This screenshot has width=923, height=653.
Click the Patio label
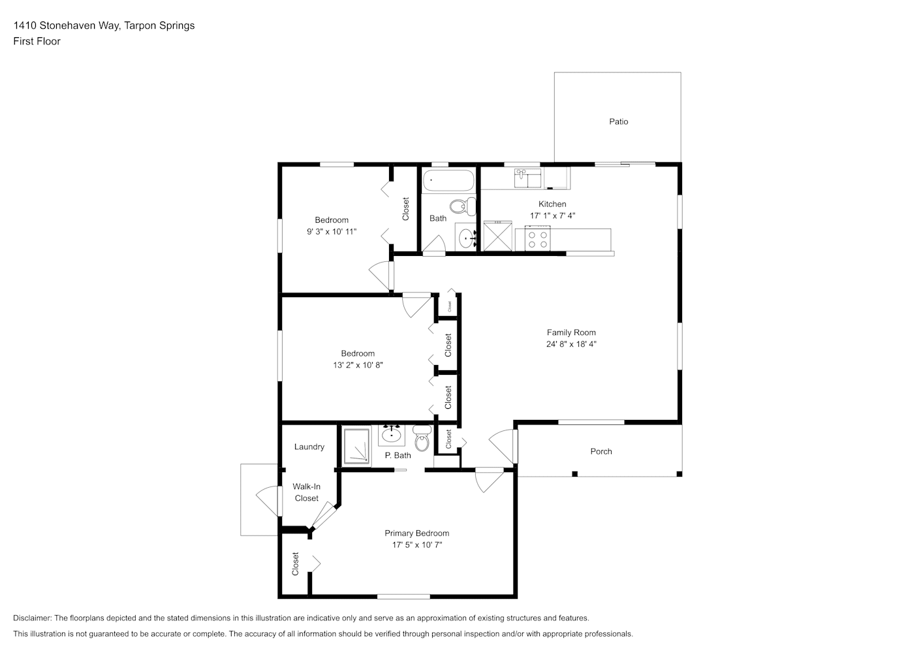619,121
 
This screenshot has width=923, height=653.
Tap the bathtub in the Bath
448,180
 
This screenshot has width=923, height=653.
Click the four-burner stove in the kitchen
537,239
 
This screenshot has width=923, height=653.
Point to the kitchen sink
527,178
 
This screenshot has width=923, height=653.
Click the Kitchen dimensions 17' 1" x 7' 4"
552,215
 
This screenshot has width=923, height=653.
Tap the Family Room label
571,332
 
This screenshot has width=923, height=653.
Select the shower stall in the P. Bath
357,445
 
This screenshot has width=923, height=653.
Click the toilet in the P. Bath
422,439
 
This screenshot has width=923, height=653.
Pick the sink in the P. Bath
392,435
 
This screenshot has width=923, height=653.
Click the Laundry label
309,447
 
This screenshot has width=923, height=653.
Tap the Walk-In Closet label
306,492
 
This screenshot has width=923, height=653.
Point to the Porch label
601,451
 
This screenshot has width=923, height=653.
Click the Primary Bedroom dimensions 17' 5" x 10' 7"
417,545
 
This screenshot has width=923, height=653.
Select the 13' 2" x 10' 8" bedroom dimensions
358,365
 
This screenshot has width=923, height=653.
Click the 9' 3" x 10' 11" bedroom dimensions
332,232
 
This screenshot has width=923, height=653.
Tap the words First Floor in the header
37,41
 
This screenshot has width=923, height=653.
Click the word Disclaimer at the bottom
33,618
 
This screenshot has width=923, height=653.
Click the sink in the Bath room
467,238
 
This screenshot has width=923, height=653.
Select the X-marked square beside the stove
498,236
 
